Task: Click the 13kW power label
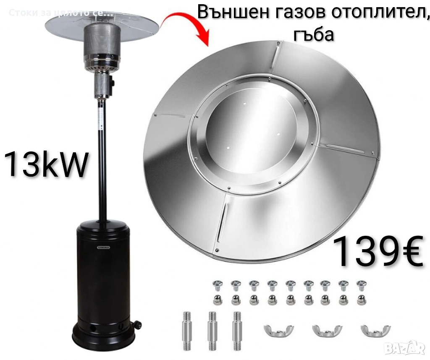tap(46, 164)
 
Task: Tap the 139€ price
tap(378, 252)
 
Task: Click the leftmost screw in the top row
tap(218, 286)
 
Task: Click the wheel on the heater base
tap(137, 323)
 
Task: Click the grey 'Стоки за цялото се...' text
tap(60, 13)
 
